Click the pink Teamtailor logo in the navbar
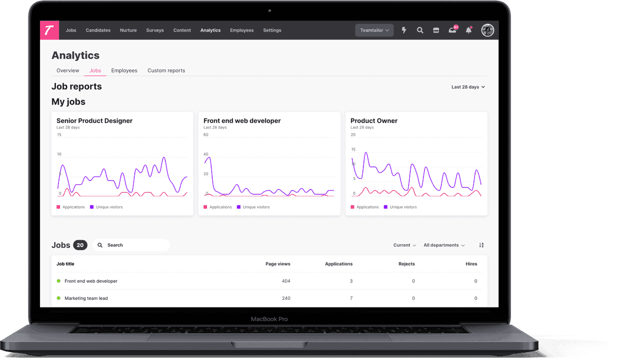[x=50, y=30]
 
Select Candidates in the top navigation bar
[x=98, y=30]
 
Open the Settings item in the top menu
[x=272, y=30]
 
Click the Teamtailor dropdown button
[x=374, y=30]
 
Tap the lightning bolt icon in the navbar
[x=404, y=30]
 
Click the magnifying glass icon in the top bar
[x=420, y=30]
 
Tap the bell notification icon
[x=468, y=30]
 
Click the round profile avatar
[x=487, y=30]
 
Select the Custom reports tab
[x=166, y=71]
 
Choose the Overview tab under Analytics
[x=68, y=71]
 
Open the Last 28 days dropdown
[x=468, y=87]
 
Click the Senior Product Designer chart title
[x=94, y=121]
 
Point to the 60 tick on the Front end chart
[x=206, y=135]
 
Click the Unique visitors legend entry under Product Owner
[x=400, y=207]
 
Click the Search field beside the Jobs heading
[x=131, y=245]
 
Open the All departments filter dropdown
[x=444, y=245]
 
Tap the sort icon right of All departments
[x=481, y=245]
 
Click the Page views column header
[x=278, y=264]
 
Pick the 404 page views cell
[x=286, y=281]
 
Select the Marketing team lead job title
[x=86, y=298]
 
